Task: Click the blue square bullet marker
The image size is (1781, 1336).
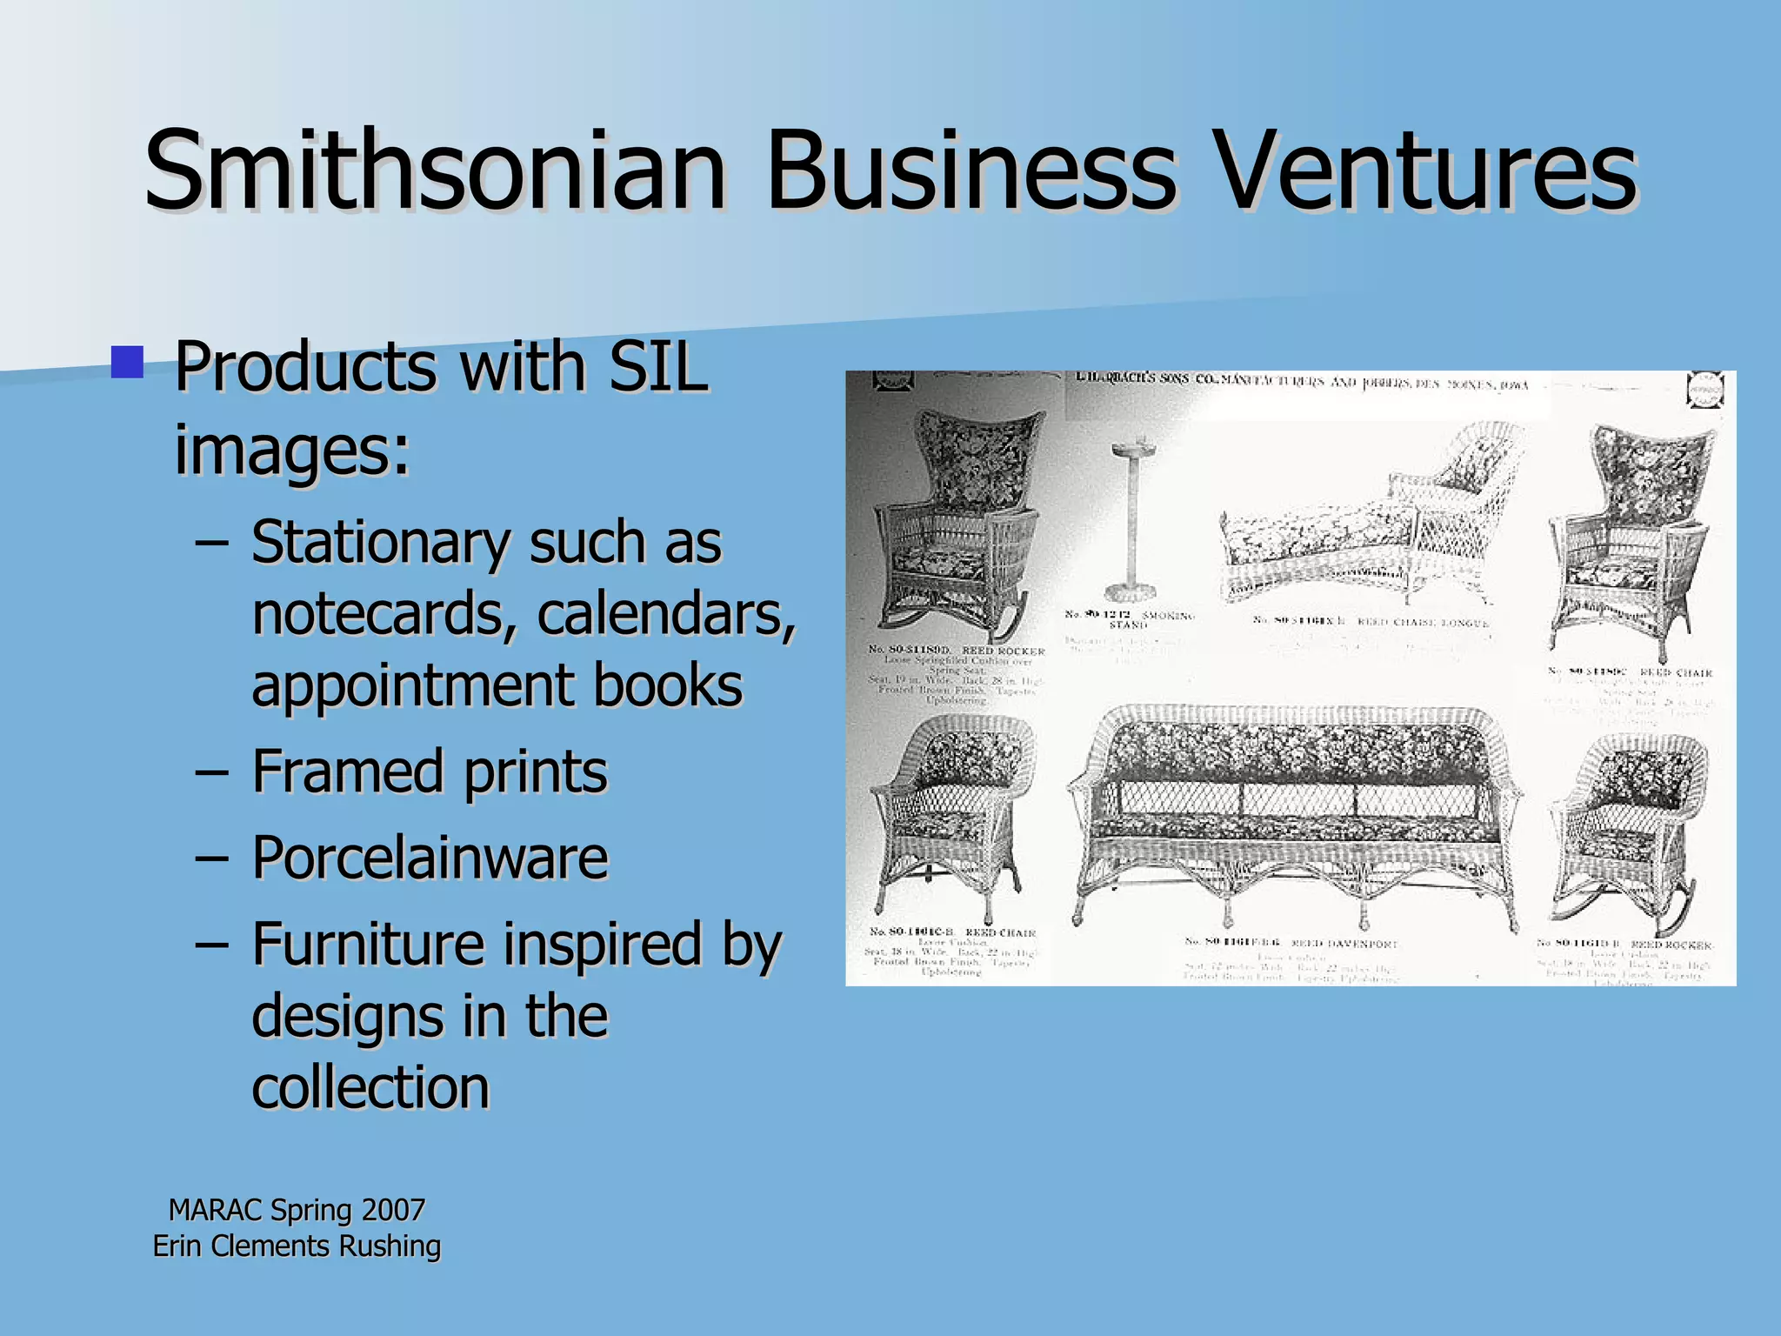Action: (x=127, y=362)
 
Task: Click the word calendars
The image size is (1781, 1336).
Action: (x=665, y=614)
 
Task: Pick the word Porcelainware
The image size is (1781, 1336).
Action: (x=430, y=858)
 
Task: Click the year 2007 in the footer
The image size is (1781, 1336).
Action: (x=393, y=1210)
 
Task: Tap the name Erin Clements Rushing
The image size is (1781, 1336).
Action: (x=297, y=1246)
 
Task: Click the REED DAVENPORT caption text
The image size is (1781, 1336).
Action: (x=1344, y=943)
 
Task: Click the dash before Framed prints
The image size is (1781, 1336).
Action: (x=212, y=772)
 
